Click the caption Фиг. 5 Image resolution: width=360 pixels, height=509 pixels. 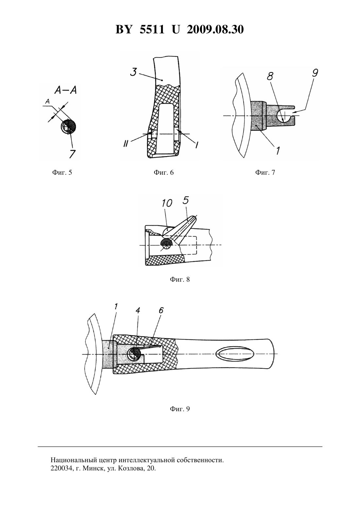[62, 172]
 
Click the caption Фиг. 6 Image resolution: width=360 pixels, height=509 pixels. [164, 172]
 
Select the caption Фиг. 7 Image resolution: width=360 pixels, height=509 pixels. [265, 172]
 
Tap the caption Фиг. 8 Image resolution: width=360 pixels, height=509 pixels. [180, 279]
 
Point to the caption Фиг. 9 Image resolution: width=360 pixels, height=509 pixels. [180, 409]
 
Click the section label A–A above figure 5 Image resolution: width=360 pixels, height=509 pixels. [65, 91]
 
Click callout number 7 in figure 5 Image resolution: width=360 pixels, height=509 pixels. [72, 154]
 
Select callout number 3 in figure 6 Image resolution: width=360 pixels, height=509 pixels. [134, 72]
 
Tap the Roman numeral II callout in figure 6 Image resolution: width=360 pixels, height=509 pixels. [125, 144]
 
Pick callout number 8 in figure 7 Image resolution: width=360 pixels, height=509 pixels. [270, 76]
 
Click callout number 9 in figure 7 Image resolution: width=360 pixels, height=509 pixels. [315, 73]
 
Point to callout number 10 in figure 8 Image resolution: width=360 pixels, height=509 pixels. [167, 203]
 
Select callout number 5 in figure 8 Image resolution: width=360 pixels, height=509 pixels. [186, 201]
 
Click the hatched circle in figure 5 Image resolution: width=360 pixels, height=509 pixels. [68, 127]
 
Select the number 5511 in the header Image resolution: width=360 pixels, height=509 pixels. [152, 29]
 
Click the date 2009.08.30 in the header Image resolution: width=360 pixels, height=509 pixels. [215, 29]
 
